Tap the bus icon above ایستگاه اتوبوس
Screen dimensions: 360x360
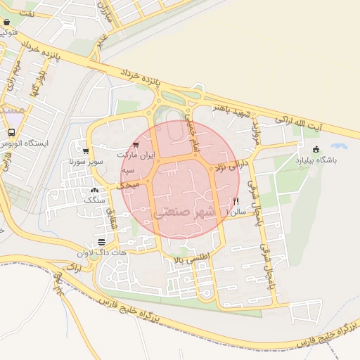[11, 132]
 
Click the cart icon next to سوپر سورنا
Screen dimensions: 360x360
[86, 151]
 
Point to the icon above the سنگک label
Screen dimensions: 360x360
[95, 190]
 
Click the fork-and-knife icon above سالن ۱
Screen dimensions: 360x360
[235, 200]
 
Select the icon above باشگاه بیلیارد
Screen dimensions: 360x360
[316, 149]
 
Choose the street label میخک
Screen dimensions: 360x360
[124, 183]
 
